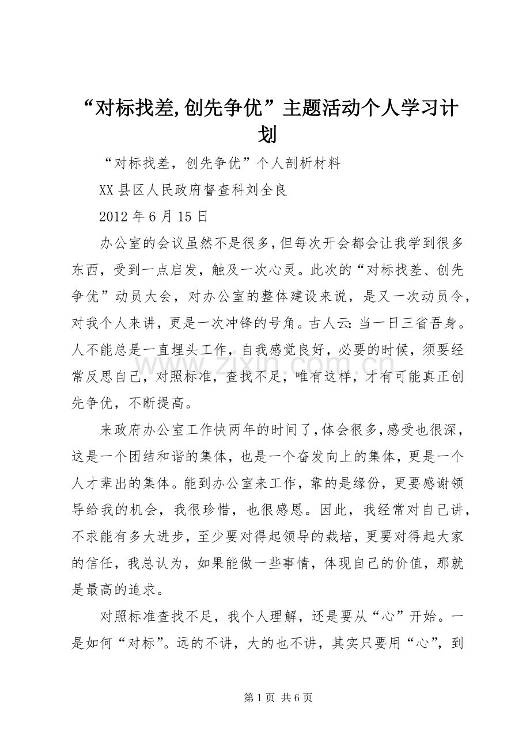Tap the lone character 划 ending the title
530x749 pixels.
266,135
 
